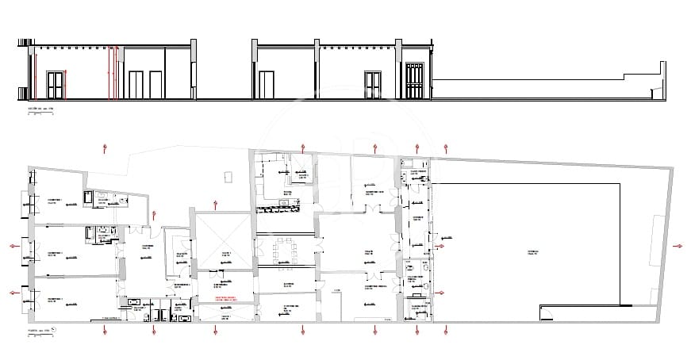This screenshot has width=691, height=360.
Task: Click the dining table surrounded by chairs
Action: point(282,251)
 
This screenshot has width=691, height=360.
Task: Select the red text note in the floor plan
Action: point(225,299)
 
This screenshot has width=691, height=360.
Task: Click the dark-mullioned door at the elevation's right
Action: point(414,80)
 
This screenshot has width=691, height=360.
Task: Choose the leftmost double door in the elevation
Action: point(55,85)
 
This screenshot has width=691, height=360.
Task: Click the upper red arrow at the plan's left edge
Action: point(14,246)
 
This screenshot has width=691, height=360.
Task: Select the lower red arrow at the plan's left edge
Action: point(14,293)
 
